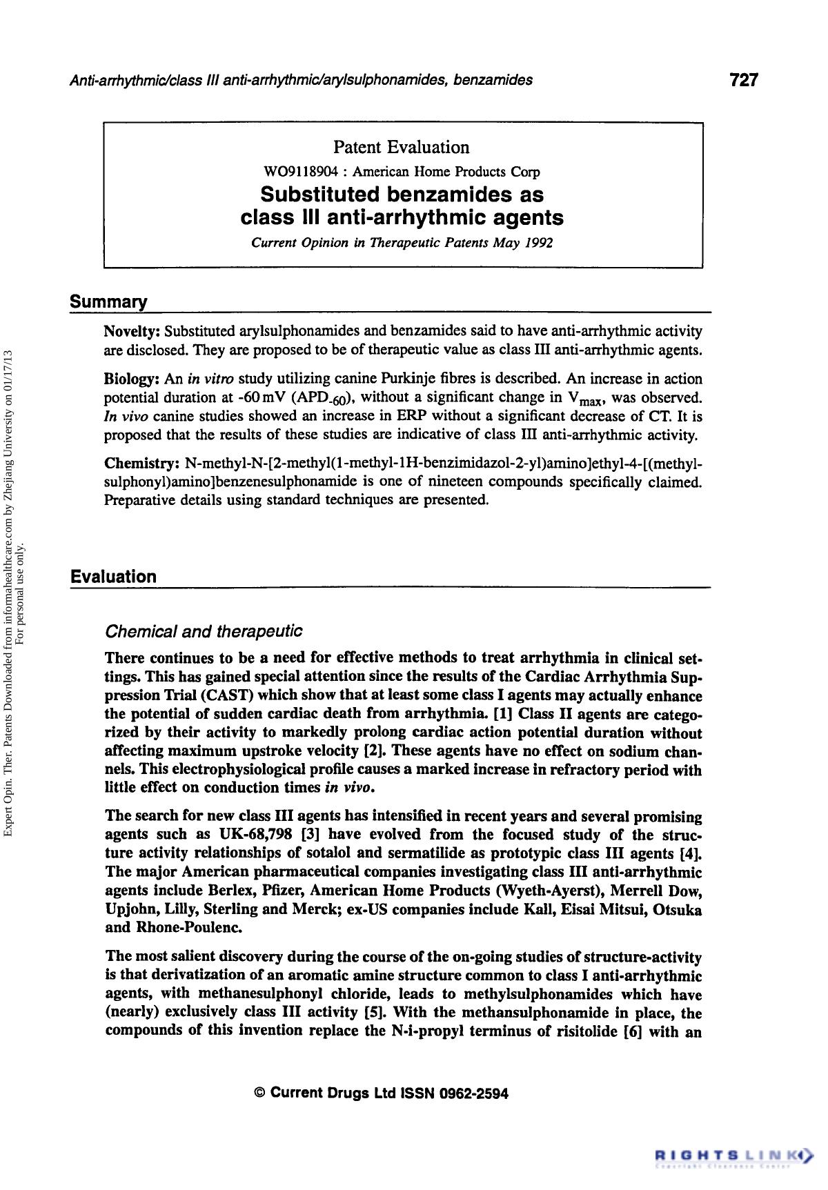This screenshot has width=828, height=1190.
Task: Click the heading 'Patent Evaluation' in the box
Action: point(402,147)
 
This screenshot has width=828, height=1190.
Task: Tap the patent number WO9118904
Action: point(289,172)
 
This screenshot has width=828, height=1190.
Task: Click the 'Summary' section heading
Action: point(108,302)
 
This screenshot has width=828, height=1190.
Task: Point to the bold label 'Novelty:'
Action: point(132,331)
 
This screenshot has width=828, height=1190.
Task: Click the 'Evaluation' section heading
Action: point(113,577)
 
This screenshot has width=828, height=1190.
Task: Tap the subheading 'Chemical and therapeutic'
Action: point(203,631)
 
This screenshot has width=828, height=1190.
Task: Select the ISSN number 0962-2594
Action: point(473,1093)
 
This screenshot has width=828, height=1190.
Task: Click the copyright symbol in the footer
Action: point(260,1093)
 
